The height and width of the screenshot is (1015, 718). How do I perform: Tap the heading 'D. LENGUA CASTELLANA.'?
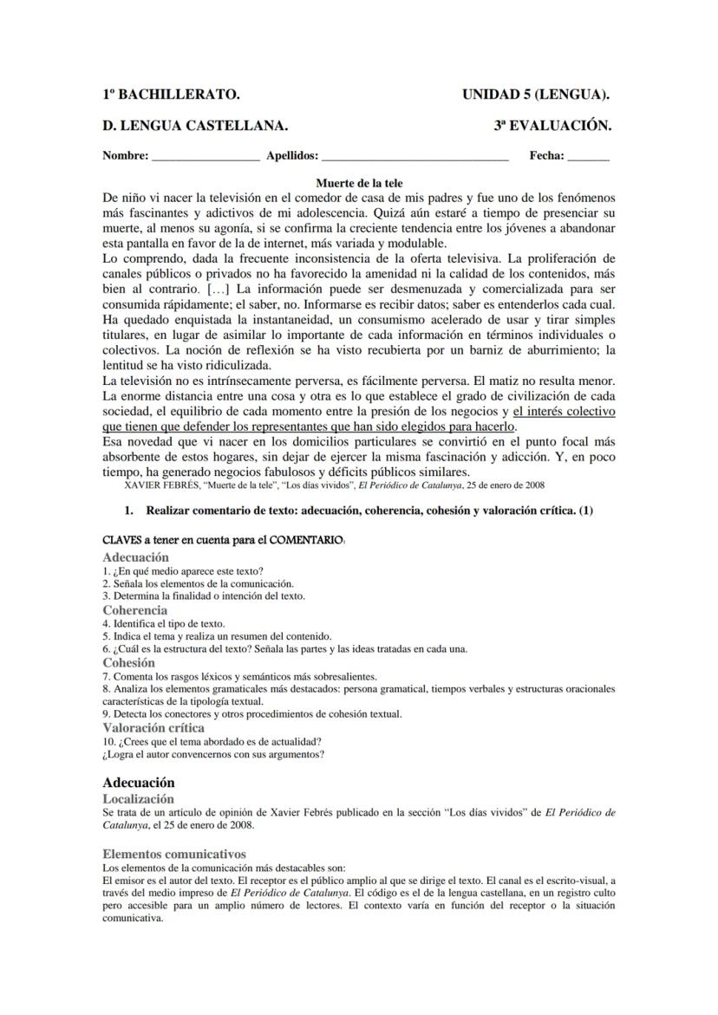click(195, 126)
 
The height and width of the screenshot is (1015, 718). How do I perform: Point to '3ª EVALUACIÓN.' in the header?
click(552, 126)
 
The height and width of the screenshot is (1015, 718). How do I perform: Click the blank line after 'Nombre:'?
click(206, 157)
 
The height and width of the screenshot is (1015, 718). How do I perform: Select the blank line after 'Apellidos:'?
click(414, 157)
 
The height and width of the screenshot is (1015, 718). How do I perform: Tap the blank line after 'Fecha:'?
click(589, 157)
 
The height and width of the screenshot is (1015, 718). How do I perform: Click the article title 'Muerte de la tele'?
click(358, 183)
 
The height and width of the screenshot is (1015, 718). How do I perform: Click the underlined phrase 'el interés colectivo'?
click(564, 410)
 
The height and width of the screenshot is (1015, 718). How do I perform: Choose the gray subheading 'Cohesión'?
click(128, 662)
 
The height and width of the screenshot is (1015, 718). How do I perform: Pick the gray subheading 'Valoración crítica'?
click(153, 727)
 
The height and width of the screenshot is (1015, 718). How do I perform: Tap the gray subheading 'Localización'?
click(138, 798)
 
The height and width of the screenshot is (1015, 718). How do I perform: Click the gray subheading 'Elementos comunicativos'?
click(173, 854)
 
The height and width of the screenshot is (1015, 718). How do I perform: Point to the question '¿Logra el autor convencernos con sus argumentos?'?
click(213, 754)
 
